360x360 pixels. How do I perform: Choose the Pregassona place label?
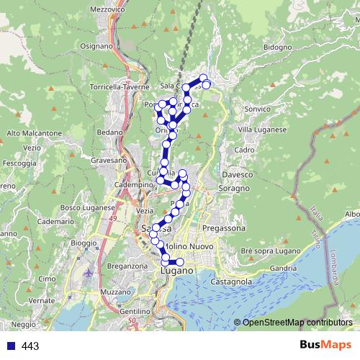(x=224, y=228)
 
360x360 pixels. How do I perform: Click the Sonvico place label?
(x=258, y=109)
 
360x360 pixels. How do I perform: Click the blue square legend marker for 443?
(x=10, y=346)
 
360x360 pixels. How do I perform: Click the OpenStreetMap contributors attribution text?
(x=297, y=323)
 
